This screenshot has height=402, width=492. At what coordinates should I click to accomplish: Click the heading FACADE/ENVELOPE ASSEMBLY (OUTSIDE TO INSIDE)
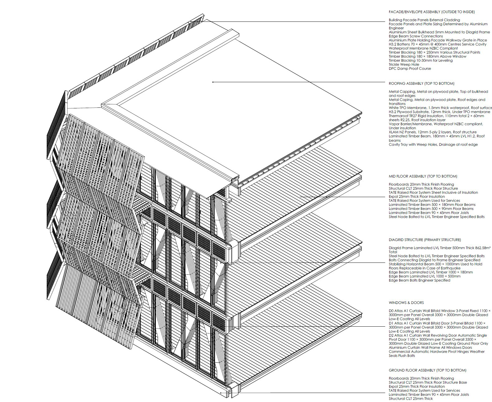[x=432, y=12]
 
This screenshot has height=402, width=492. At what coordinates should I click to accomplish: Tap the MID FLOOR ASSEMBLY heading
[x=423, y=176]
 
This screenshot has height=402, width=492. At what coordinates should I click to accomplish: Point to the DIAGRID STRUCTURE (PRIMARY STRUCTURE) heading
[x=425, y=240]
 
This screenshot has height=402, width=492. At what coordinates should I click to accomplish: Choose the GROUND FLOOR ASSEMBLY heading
[x=427, y=370]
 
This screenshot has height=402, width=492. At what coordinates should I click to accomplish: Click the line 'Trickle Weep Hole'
[x=404, y=64]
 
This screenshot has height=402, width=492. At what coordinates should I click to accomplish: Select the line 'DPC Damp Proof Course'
[x=410, y=69]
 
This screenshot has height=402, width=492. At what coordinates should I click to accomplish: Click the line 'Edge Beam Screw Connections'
[x=416, y=36]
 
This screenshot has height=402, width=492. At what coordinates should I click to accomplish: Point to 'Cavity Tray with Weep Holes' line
[x=433, y=144]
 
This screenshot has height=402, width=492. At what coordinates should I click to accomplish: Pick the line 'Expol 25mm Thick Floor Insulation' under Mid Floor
[x=417, y=196]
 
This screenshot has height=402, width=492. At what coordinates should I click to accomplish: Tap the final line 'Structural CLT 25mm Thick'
[x=411, y=399]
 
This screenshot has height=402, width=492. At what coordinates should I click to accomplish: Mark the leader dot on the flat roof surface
[x=213, y=82]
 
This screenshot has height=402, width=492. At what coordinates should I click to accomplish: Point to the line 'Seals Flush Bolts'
[x=402, y=356]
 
